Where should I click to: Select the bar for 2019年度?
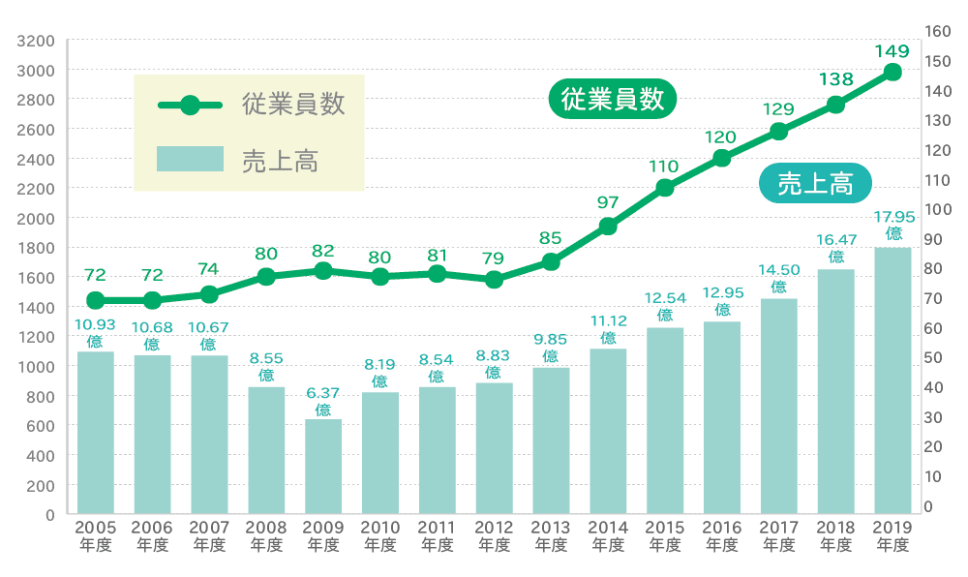892,380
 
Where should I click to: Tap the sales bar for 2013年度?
551,440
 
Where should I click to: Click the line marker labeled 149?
892,73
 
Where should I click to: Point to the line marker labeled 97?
608,227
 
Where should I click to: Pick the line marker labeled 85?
551,261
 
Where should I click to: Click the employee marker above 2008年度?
266,277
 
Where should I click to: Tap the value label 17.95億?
893,225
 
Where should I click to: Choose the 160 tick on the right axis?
938,31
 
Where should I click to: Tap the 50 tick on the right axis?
933,358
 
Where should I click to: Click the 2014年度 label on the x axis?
608,535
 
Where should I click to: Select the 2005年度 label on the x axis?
95,535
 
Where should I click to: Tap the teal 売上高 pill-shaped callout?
815,183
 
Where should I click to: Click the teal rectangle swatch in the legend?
190,159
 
